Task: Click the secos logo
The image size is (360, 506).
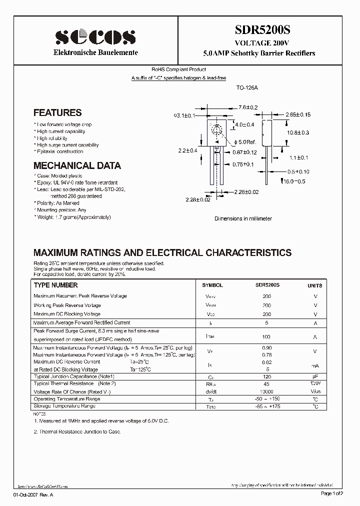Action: click(95, 36)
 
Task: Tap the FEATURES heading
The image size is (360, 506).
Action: click(57, 113)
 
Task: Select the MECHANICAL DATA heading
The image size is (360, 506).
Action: click(77, 165)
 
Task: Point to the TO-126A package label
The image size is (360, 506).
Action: click(246, 87)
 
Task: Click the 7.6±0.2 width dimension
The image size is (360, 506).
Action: click(247, 107)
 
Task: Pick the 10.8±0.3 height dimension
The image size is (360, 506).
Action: click(298, 132)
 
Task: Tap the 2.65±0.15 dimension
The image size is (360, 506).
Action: click(298, 114)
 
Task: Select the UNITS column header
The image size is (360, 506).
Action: click(314, 285)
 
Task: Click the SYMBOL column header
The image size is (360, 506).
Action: click(212, 285)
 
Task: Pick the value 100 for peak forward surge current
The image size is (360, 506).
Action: click(266, 337)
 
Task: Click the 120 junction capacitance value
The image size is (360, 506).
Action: click(266, 376)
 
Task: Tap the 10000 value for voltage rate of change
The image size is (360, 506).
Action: click(266, 391)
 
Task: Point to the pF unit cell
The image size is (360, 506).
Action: click(315, 376)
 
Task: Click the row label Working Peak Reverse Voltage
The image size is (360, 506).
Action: click(67, 305)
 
